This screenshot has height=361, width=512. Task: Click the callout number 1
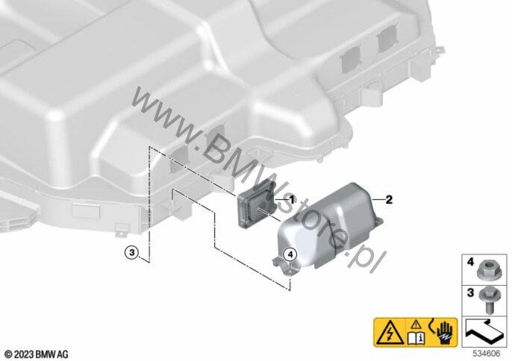coord(293,200)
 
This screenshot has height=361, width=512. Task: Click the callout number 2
coord(387,199)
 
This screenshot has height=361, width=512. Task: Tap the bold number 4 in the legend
coord(469,263)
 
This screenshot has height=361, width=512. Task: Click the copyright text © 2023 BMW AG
coord(37,353)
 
